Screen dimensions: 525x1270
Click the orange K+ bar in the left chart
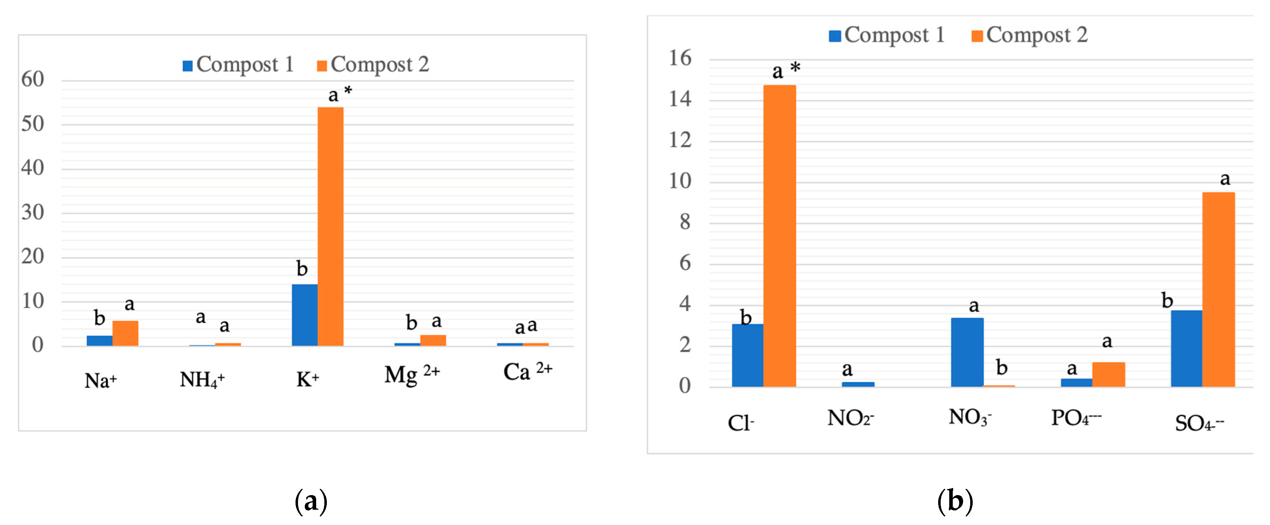pos(330,227)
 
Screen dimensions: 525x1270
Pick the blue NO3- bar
pos(967,352)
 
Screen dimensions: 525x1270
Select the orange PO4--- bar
pos(1108,374)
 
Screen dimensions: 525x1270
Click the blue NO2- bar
pos(858,384)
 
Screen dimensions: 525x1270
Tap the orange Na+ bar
pos(125,333)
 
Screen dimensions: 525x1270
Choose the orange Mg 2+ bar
pos(433,340)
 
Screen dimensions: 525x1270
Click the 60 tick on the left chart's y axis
pos(32,79)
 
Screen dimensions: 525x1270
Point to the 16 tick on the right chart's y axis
pos(680,59)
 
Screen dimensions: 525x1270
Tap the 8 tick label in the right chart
pos(685,222)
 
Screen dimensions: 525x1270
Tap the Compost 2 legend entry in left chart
pos(373,65)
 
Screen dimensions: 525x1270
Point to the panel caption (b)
pos(955,501)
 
